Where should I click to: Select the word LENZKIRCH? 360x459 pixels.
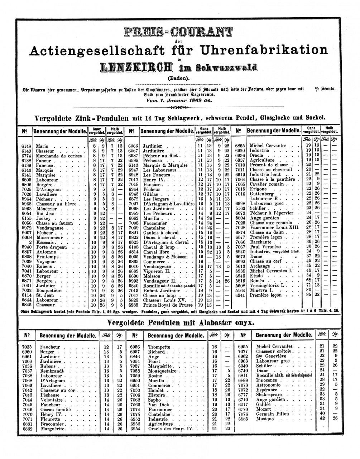click(140, 67)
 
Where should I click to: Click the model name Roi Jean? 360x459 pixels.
click(46, 213)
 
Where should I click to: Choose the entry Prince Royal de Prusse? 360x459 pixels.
click(167, 305)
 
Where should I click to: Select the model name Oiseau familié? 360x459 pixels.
click(56, 410)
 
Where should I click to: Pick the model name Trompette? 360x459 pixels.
click(159, 347)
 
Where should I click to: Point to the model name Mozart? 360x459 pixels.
click(264, 409)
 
